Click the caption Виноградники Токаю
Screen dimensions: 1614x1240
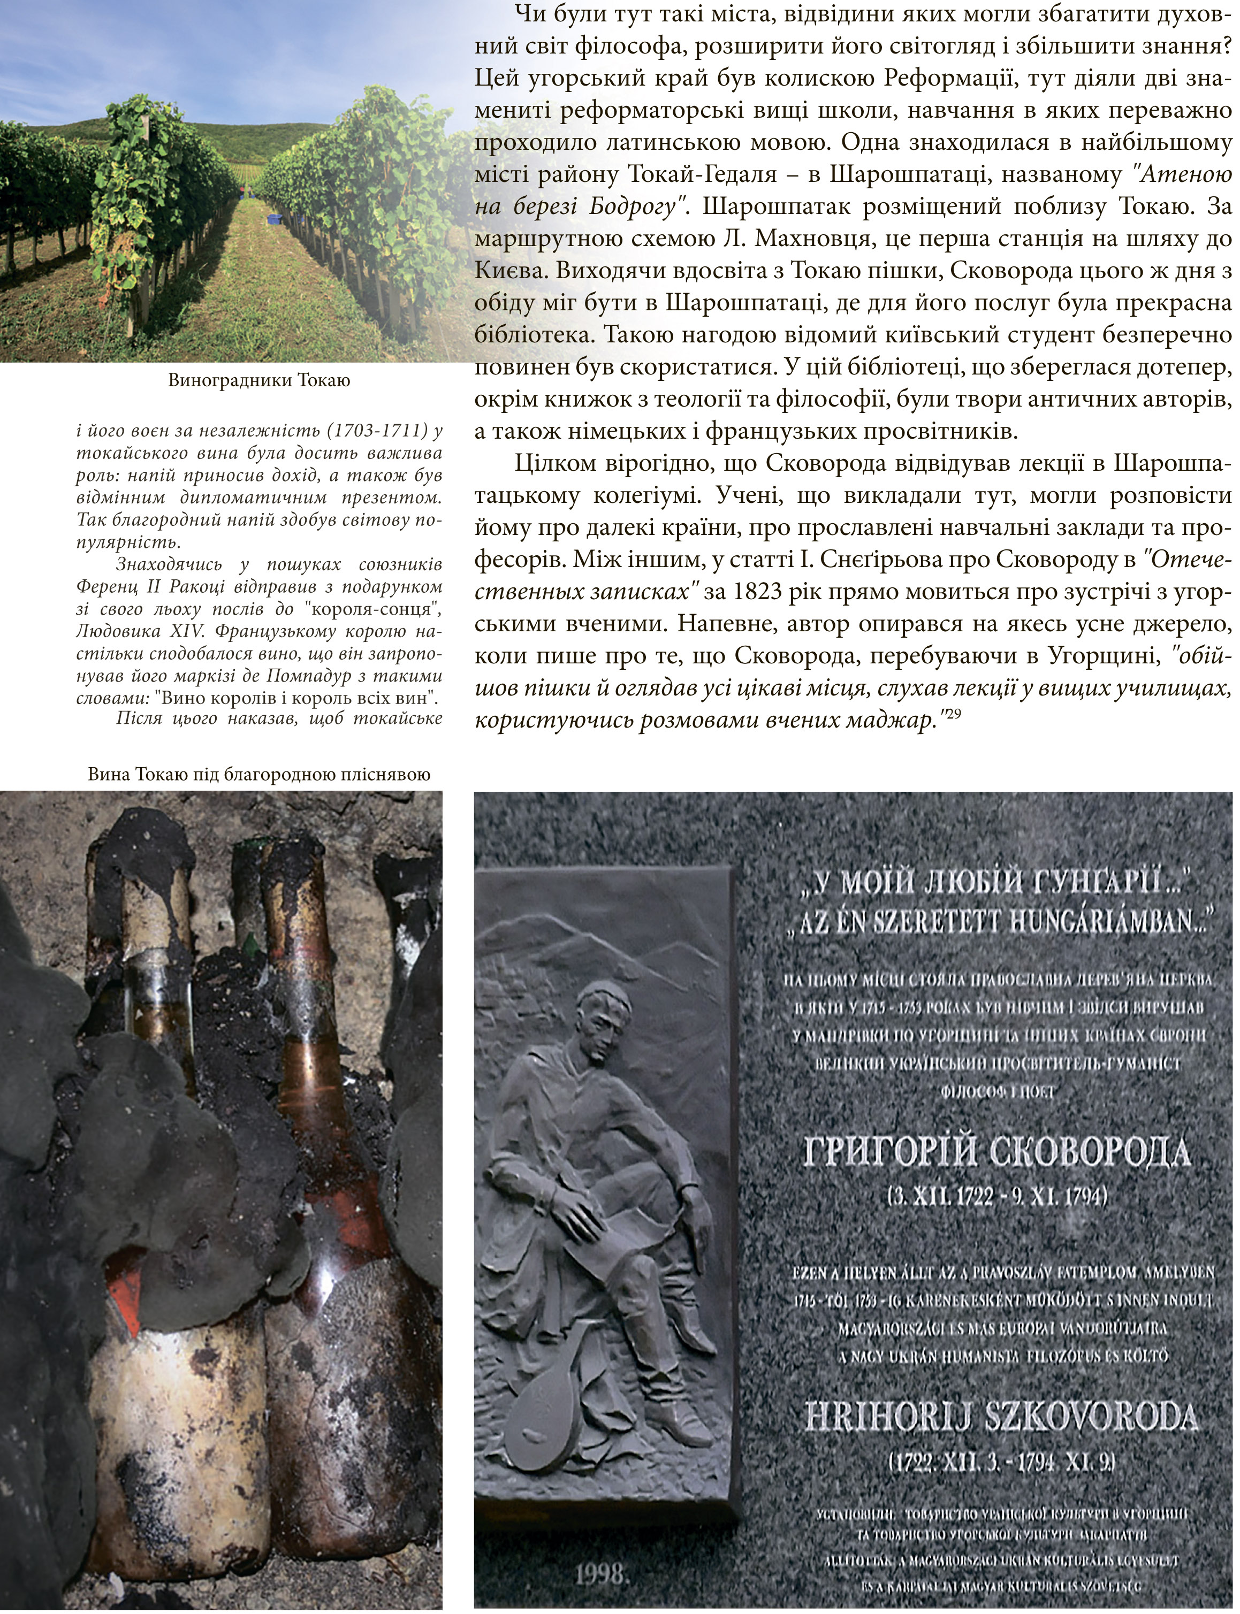[258, 381]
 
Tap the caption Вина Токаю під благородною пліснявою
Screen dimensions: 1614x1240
[258, 775]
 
